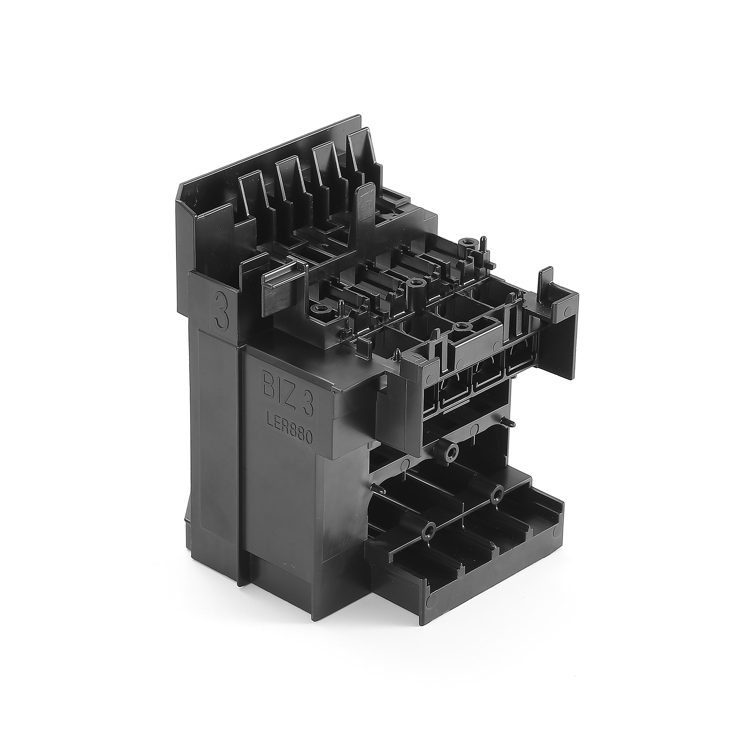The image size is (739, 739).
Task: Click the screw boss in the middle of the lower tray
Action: click(497, 495)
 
